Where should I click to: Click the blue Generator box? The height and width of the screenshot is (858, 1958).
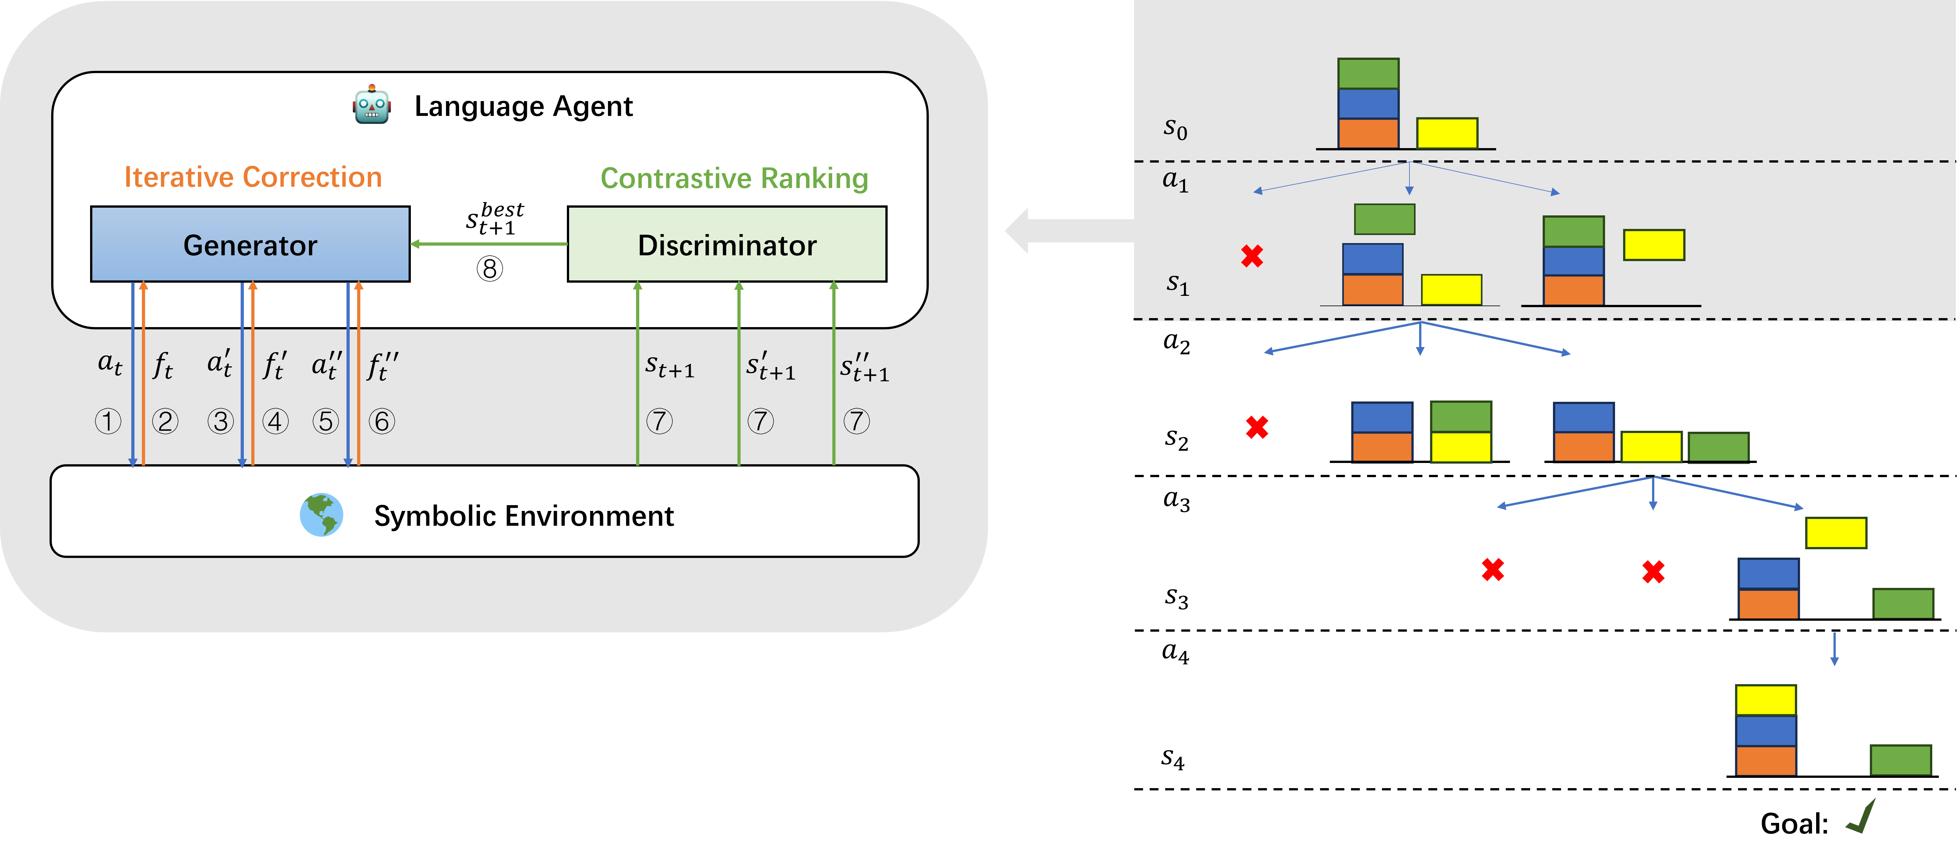(x=250, y=244)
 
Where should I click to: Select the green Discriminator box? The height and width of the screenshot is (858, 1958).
(x=727, y=244)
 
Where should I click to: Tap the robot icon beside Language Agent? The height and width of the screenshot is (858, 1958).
(x=372, y=105)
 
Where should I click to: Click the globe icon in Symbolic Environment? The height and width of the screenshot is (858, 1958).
(x=321, y=515)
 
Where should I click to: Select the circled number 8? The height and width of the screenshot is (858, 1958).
(x=490, y=269)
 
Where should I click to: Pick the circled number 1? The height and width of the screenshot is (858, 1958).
(x=108, y=421)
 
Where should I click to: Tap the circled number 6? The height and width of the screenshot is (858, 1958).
(x=382, y=421)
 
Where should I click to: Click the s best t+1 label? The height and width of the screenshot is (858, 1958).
(x=494, y=218)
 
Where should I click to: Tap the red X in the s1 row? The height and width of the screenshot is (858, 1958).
(x=1252, y=256)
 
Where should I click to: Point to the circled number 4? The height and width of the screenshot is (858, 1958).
(x=275, y=421)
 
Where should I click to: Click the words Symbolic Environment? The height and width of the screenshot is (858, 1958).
(x=524, y=516)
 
